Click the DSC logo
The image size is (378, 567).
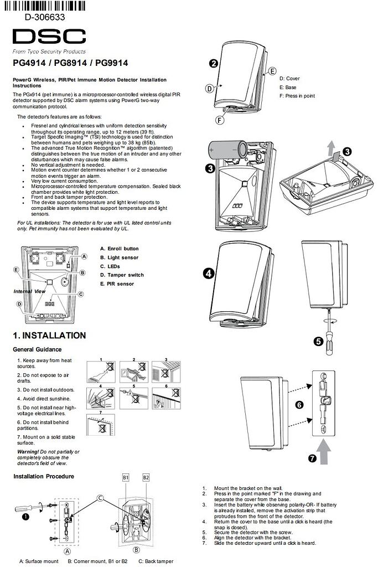click(49, 37)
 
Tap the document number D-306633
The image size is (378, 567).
click(45, 17)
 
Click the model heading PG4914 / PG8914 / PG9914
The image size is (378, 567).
click(70, 63)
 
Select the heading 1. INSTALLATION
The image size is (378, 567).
click(49, 336)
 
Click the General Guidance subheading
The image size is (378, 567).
click(37, 349)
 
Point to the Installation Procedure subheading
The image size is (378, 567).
click(43, 476)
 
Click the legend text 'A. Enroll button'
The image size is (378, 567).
click(119, 249)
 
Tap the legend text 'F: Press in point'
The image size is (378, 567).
click(297, 96)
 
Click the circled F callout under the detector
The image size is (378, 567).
click(220, 120)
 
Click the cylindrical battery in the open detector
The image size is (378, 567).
click(225, 150)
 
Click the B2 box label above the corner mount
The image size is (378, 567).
click(146, 477)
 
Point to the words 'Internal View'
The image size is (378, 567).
click(29, 291)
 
